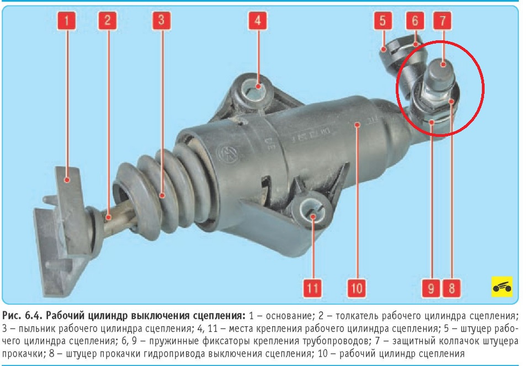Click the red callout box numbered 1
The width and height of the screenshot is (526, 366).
66,20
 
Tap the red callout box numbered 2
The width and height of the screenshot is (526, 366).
107,20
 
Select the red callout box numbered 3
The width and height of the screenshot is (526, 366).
161,20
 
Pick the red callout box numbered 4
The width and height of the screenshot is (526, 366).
258,20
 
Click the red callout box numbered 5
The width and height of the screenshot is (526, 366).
383,20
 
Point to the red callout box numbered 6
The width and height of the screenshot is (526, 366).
415,20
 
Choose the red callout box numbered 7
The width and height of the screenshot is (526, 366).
443,20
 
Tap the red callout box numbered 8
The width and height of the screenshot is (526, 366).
451,288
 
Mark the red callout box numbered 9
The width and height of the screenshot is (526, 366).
431,288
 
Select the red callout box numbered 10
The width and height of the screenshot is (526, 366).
357,288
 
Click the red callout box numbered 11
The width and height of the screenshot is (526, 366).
312,288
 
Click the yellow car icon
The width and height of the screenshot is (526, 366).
502,287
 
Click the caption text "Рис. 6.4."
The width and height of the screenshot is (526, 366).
22,316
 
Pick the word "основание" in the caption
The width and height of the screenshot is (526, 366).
286,316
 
